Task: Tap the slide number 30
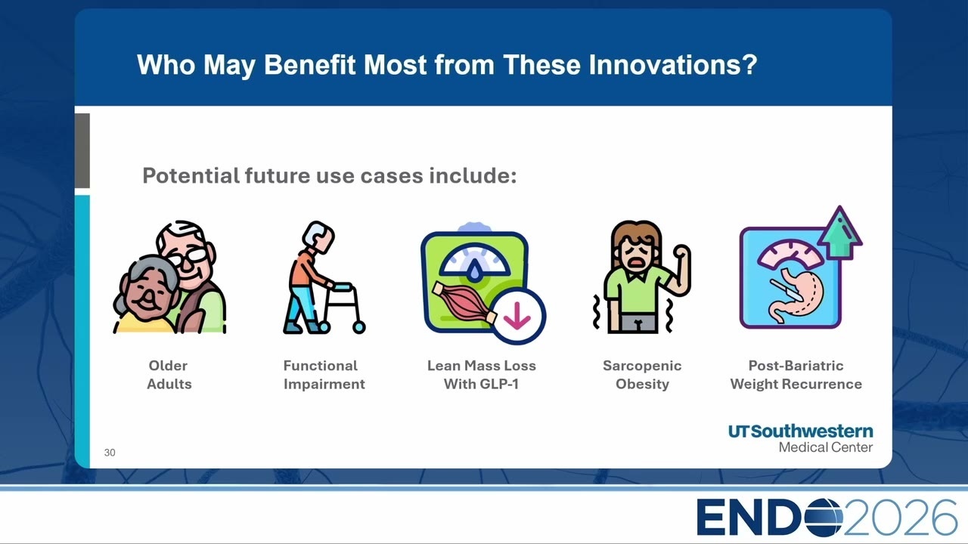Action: (x=110, y=453)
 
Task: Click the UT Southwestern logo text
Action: (x=800, y=437)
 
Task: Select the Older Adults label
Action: (x=169, y=375)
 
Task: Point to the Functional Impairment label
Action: (x=324, y=375)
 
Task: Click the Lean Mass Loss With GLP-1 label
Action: (x=482, y=375)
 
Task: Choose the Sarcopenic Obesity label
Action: (x=642, y=375)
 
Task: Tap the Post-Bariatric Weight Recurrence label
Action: (x=796, y=375)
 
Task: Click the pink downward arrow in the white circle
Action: (x=517, y=317)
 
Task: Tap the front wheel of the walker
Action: (x=358, y=327)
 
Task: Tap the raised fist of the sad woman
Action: (x=682, y=252)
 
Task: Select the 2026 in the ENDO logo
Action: (x=900, y=518)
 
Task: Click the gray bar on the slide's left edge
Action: (x=82, y=150)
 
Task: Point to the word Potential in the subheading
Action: (x=191, y=176)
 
